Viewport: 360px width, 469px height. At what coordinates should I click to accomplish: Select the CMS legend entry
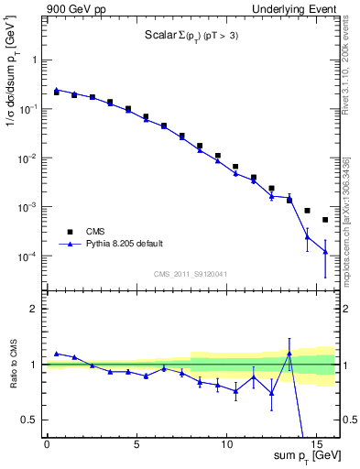pyautogui.click(x=94, y=232)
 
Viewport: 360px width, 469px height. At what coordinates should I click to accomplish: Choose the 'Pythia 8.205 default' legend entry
pyautogui.click(x=124, y=244)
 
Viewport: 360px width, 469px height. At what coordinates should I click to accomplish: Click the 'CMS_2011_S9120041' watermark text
pyautogui.click(x=191, y=274)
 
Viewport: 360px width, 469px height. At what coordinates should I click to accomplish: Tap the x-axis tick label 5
pyautogui.click(x=136, y=442)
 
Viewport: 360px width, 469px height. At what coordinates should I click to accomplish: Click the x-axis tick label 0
pyautogui.click(x=47, y=442)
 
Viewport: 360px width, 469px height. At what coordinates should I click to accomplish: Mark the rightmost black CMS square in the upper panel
pyautogui.click(x=325, y=220)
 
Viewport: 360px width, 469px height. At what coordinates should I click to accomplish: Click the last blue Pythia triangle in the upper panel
pyautogui.click(x=325, y=251)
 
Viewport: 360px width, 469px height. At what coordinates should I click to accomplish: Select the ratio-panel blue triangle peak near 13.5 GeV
pyautogui.click(x=289, y=354)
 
